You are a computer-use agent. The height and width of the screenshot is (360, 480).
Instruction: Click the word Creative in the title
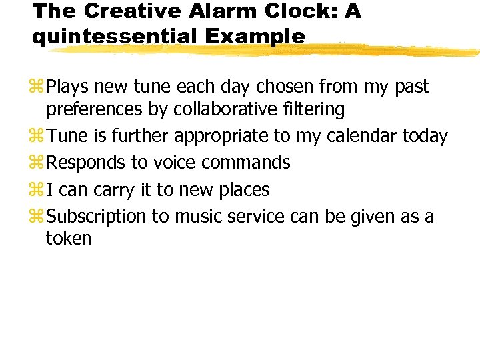click(x=118, y=11)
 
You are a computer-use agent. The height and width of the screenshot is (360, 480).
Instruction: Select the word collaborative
click(x=220, y=109)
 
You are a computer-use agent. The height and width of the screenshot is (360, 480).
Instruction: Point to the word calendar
click(x=357, y=137)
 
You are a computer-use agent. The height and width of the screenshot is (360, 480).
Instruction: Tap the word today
click(x=425, y=137)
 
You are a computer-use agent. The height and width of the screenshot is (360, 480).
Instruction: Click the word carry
click(x=115, y=191)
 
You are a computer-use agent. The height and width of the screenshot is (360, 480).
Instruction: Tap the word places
click(x=243, y=191)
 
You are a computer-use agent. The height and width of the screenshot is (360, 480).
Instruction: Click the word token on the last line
click(x=69, y=238)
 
